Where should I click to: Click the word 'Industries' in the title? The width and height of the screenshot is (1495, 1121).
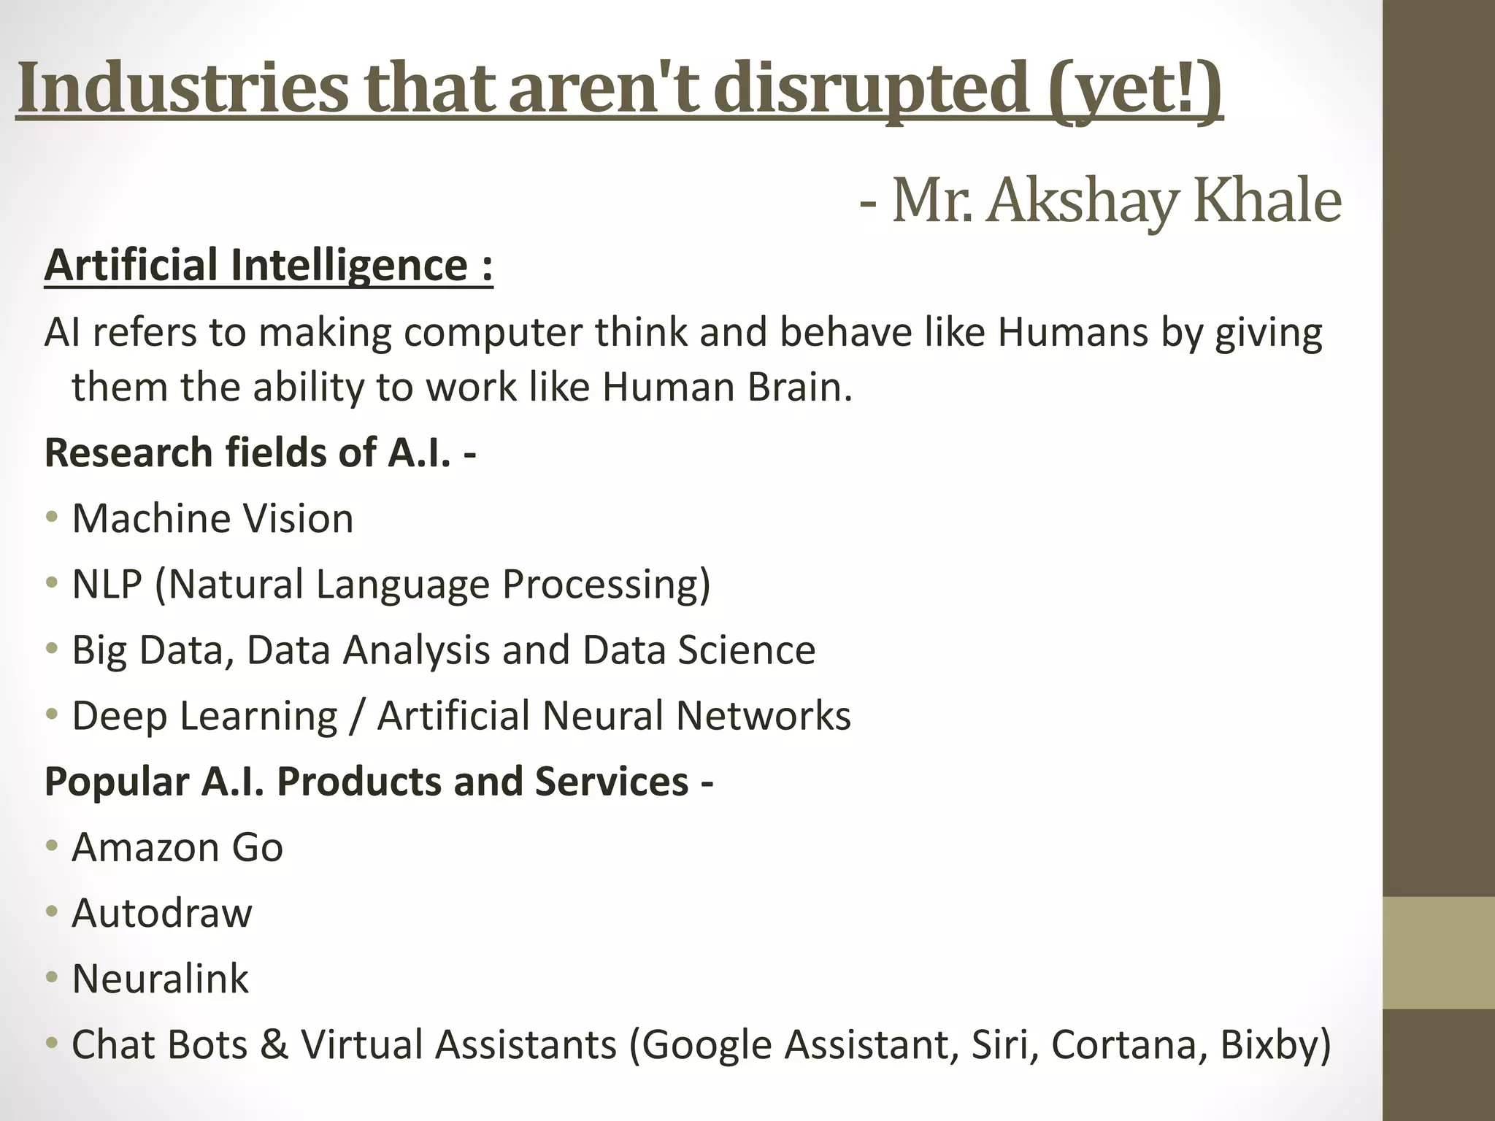(x=182, y=90)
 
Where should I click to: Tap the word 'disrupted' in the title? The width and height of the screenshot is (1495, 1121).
(x=872, y=90)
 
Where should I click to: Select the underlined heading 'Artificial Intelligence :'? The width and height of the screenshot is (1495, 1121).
(x=269, y=265)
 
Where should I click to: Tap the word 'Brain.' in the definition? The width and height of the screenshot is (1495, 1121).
(x=799, y=387)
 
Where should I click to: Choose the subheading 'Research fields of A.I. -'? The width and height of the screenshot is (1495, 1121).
(x=260, y=452)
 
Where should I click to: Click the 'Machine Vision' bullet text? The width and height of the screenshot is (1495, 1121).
(x=212, y=518)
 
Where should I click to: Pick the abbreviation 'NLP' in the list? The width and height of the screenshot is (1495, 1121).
(x=107, y=584)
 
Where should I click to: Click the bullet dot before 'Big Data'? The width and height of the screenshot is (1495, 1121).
(x=50, y=648)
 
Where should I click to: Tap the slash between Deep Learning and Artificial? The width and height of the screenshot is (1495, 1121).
(x=357, y=715)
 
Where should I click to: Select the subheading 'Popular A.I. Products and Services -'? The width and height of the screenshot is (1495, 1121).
(x=378, y=781)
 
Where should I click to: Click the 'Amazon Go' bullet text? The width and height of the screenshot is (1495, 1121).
(x=177, y=847)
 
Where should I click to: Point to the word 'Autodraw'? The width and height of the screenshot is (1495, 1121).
(x=162, y=913)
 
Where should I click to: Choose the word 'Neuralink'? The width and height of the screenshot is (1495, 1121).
(x=161, y=979)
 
